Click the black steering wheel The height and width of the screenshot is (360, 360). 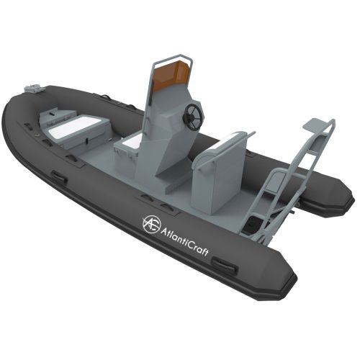click(192, 115)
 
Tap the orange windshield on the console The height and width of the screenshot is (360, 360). click(171, 75)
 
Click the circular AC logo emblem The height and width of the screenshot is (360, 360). click(151, 225)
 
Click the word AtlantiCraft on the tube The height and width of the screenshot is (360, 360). click(184, 241)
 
